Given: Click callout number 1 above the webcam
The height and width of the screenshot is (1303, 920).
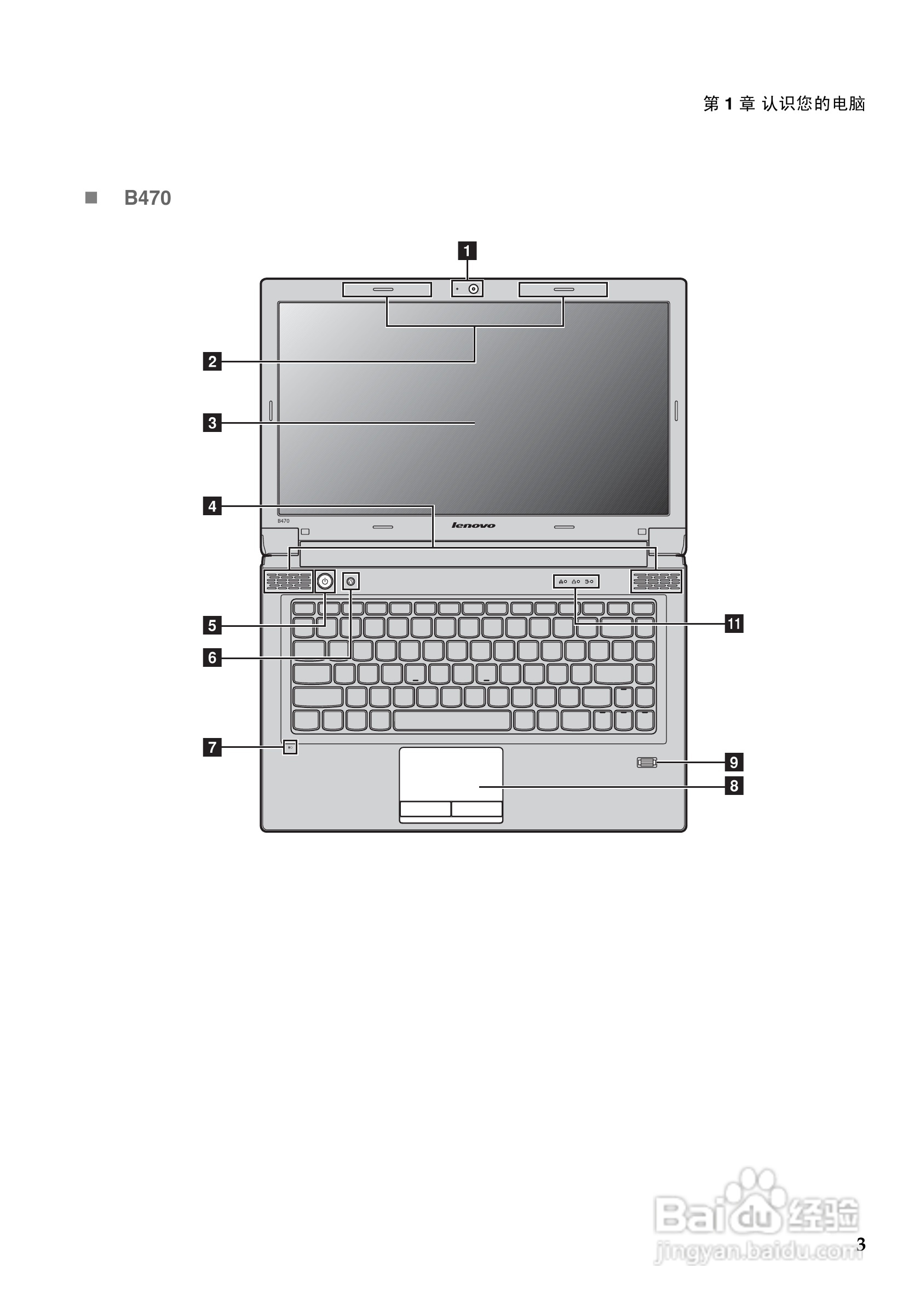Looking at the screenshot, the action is (x=467, y=251).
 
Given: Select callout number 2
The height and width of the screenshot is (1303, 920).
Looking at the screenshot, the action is (x=212, y=361).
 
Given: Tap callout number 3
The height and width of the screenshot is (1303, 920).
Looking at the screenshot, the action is (x=212, y=423).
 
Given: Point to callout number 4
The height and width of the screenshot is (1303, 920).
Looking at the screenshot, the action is (x=212, y=506).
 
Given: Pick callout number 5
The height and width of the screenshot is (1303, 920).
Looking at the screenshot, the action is (x=212, y=625).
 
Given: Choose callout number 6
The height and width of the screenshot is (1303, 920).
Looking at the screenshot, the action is (x=212, y=658).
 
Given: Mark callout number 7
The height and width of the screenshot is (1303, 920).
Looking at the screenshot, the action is (x=212, y=747).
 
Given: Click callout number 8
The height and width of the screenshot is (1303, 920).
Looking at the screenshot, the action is (x=734, y=786).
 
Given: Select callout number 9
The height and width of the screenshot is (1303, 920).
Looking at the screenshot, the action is (x=734, y=762).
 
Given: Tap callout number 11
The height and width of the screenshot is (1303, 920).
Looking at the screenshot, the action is (x=734, y=624).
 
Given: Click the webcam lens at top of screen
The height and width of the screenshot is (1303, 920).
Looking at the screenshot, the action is (x=473, y=289).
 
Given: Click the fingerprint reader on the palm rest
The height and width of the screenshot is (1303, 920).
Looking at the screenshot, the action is (x=646, y=762).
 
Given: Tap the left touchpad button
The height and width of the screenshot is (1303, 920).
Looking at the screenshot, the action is (x=425, y=809).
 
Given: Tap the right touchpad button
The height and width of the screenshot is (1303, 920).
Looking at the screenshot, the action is (x=477, y=809).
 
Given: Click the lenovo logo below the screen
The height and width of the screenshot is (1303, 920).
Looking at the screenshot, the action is (x=473, y=526).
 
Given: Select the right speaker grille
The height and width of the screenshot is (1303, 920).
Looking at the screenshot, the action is (x=656, y=580).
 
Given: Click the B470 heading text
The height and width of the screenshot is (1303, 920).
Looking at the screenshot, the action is (x=147, y=198).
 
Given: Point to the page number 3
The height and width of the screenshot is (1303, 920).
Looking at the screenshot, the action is (x=860, y=1244).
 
